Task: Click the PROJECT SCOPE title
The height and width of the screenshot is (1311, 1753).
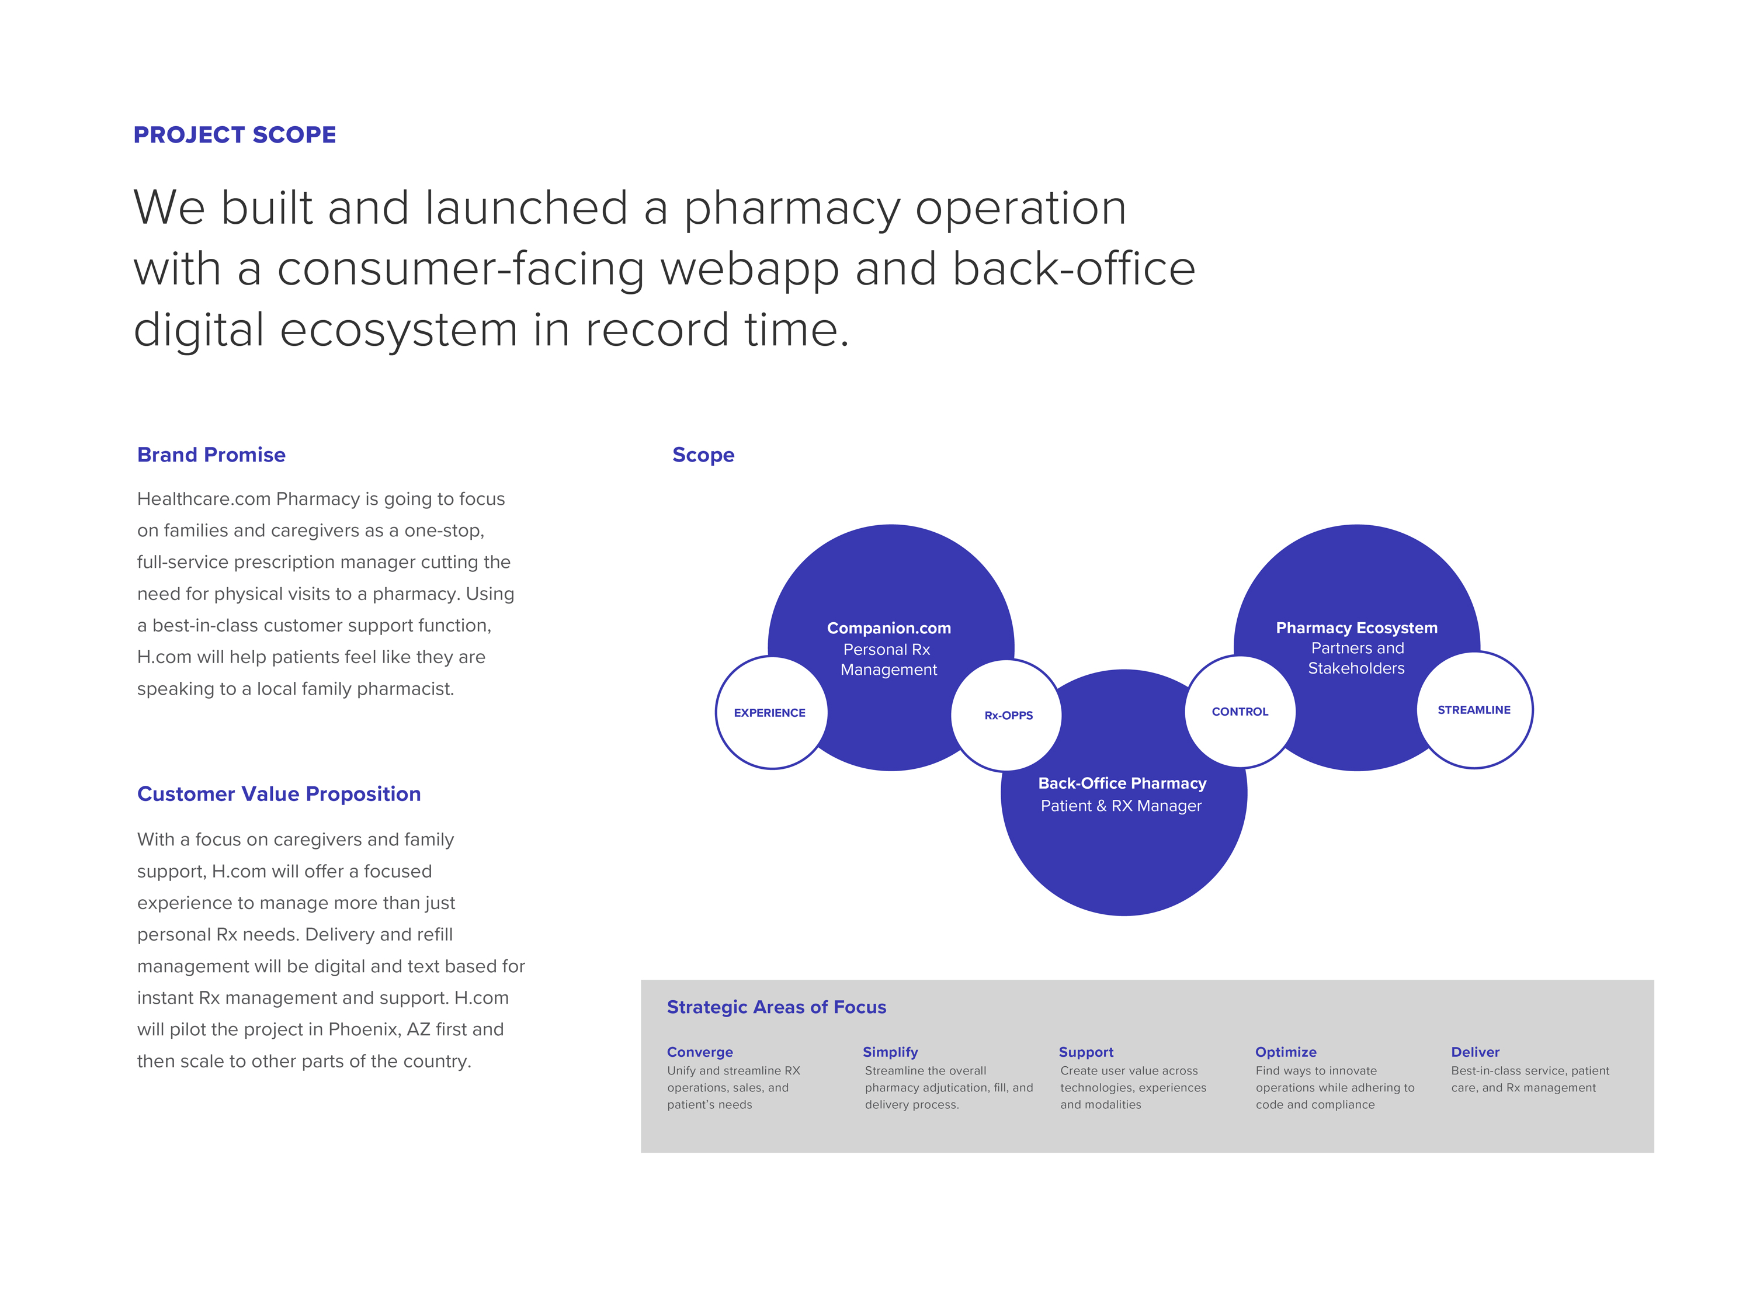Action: click(x=235, y=135)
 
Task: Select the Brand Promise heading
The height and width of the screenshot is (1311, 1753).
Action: click(x=211, y=455)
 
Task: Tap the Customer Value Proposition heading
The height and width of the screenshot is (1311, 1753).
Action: click(x=279, y=794)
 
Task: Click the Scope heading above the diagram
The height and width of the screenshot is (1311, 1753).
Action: click(x=703, y=455)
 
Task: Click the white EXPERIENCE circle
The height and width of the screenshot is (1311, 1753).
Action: click(x=770, y=713)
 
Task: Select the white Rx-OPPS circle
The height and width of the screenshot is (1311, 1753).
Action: click(x=1007, y=715)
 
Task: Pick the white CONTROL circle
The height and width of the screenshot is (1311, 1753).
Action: click(x=1240, y=712)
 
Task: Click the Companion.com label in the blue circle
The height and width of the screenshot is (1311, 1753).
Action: click(x=888, y=628)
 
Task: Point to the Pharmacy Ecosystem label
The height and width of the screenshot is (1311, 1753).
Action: click(x=1356, y=628)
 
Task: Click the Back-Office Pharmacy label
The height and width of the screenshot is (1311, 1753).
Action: click(x=1122, y=783)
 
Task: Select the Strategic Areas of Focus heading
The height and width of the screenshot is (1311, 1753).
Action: click(x=776, y=1007)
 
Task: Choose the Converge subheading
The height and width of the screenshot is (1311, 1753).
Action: click(x=700, y=1052)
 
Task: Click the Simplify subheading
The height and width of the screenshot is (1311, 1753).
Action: click(x=890, y=1052)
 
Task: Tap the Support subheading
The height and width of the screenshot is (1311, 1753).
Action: click(x=1086, y=1052)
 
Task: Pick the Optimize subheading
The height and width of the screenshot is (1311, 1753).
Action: click(x=1286, y=1052)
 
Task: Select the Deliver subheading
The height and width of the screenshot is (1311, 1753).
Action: click(x=1475, y=1052)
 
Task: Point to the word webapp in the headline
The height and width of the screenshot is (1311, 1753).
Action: click(x=749, y=269)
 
